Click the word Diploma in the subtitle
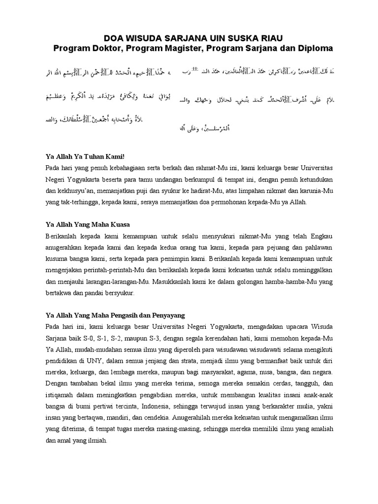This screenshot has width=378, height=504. [x=315, y=49]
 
